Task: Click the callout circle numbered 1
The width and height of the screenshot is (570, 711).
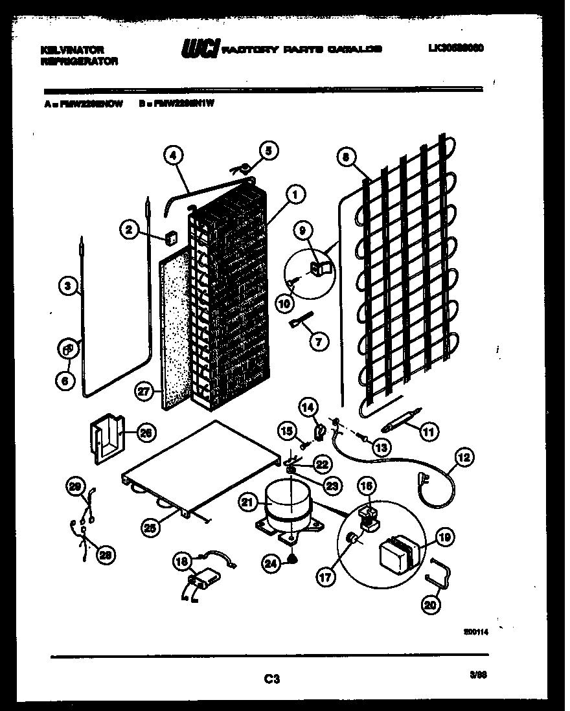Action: click(295, 192)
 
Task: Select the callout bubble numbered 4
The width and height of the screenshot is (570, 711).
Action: click(173, 155)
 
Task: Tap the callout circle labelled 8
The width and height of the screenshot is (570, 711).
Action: click(347, 156)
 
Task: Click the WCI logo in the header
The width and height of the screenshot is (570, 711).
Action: click(200, 49)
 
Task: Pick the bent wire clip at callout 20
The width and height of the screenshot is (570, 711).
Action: click(439, 574)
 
